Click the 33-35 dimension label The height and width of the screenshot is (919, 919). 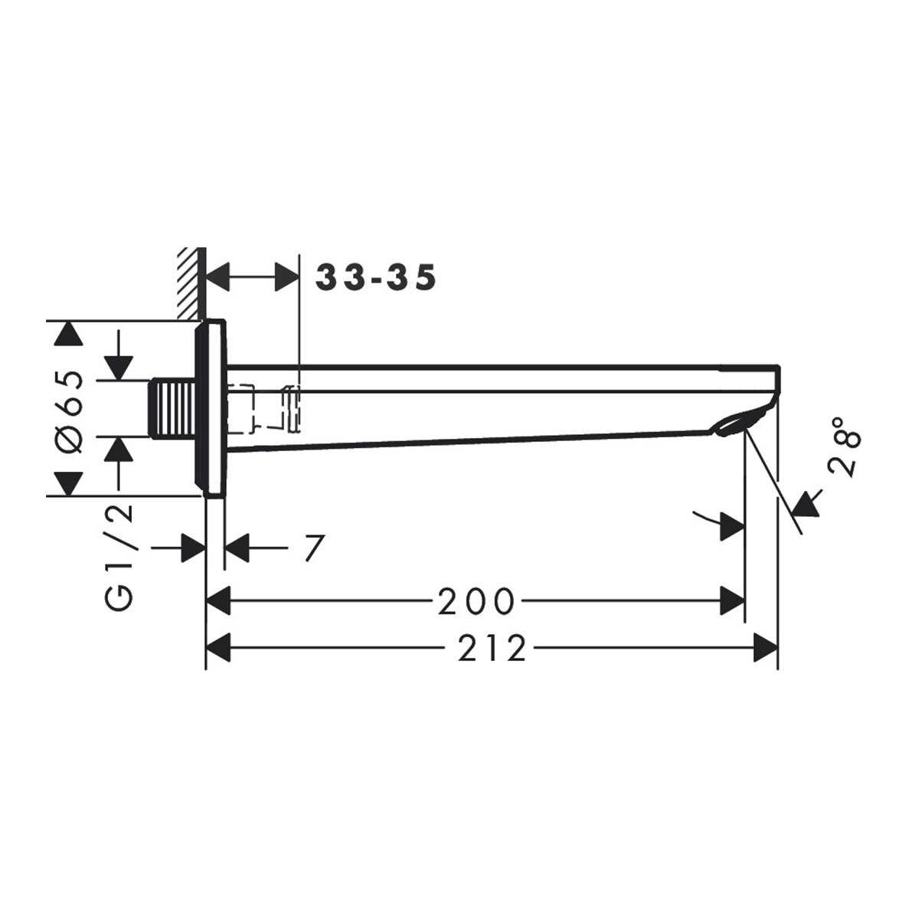tap(376, 277)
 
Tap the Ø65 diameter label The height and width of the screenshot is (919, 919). tap(69, 411)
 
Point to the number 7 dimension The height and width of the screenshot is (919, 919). tap(314, 548)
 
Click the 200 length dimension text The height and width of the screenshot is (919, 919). tap(476, 601)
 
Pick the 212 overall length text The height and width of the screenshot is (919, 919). tap(492, 649)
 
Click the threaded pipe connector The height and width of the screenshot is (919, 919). tap(174, 408)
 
